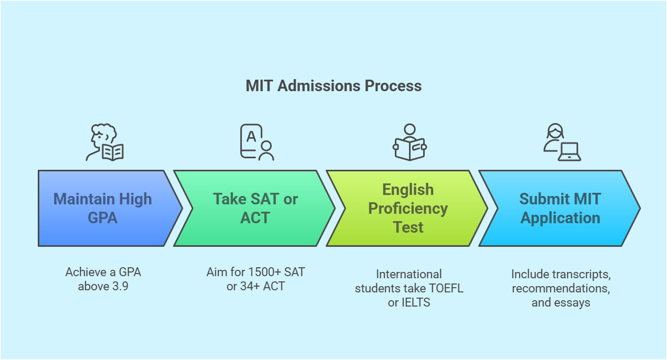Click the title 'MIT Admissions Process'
pyautogui.click(x=333, y=86)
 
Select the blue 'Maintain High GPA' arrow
pyautogui.click(x=103, y=208)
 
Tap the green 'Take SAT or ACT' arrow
pyautogui.click(x=255, y=208)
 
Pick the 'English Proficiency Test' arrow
pyautogui.click(x=407, y=208)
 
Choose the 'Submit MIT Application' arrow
pyautogui.click(x=560, y=208)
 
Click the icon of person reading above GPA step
pyautogui.click(x=104, y=143)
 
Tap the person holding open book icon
pyautogui.click(x=410, y=143)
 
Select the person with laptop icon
pyautogui.click(x=562, y=143)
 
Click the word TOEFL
pyautogui.click(x=446, y=288)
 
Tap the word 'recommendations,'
pyautogui.click(x=561, y=288)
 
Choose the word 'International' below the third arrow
pyautogui.click(x=409, y=274)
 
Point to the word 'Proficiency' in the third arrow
pyautogui.click(x=408, y=209)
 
